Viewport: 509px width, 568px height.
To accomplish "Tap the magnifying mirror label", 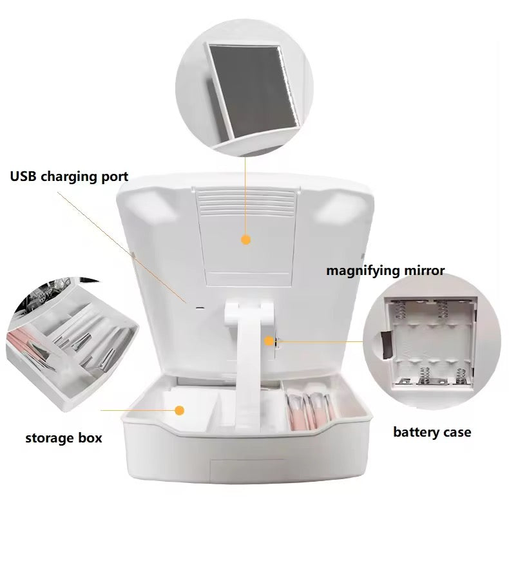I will pos(385,270).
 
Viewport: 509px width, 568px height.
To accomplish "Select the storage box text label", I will pos(64,439).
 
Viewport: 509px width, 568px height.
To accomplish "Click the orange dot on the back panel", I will pos(245,240).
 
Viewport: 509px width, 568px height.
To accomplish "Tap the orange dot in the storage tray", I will pos(180,410).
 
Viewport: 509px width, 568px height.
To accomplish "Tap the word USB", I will pos(24,176).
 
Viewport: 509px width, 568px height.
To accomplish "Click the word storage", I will pos(49,439).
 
